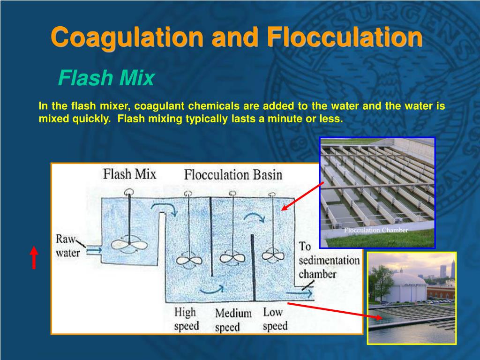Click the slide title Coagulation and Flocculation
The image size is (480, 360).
(x=236, y=37)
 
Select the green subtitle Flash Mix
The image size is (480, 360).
(x=106, y=78)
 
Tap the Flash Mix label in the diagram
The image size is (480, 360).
(x=129, y=174)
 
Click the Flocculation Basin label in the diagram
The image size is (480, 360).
(x=233, y=175)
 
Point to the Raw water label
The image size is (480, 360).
(x=68, y=246)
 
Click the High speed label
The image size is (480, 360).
(x=187, y=319)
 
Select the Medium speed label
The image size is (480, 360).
(x=233, y=320)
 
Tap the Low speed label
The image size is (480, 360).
(x=275, y=319)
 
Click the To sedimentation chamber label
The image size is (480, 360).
(x=328, y=260)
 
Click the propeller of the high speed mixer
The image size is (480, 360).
(x=189, y=260)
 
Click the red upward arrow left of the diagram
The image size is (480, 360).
(x=34, y=258)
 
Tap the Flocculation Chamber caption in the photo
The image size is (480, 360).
(x=376, y=230)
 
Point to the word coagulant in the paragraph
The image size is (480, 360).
(x=157, y=106)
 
